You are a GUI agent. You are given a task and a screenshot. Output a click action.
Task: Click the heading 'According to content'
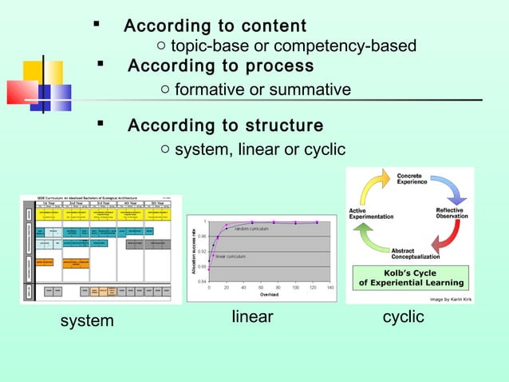(215, 26)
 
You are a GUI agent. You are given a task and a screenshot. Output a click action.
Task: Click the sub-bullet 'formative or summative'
(262, 90)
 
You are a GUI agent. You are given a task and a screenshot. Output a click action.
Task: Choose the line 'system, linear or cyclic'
(260, 149)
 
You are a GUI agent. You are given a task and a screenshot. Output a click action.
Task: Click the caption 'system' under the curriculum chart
(88, 321)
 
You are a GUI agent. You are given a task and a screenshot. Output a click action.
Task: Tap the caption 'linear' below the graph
(252, 317)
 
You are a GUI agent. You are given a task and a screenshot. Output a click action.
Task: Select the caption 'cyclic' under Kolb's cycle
(404, 316)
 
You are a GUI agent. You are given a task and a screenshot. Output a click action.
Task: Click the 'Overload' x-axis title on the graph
(269, 295)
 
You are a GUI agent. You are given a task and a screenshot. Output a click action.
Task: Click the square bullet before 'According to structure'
(101, 125)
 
